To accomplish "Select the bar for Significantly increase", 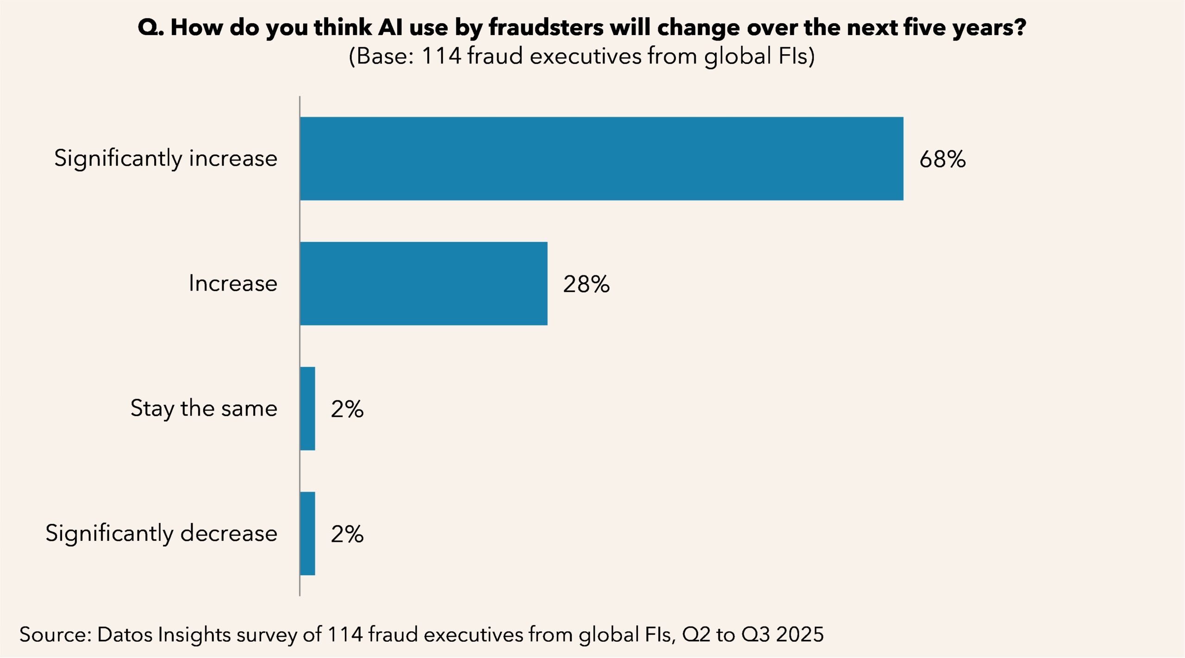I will point(601,158).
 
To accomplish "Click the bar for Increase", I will point(424,283).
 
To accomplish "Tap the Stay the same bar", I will point(307,408).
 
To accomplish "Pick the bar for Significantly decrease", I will point(307,533).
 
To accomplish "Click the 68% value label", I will point(942,159).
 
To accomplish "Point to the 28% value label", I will point(586,284).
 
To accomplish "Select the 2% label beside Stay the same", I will point(347,409).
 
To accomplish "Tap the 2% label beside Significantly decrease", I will point(347,534).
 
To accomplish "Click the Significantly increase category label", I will point(166,159).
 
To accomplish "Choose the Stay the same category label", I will point(204,409).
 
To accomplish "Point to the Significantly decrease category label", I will point(161,534).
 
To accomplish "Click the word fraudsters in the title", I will point(546,28).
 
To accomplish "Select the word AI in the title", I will point(390,28).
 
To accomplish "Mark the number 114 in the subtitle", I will point(442,56).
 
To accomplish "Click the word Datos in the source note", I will point(124,634).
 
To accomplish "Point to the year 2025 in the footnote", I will point(800,634).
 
